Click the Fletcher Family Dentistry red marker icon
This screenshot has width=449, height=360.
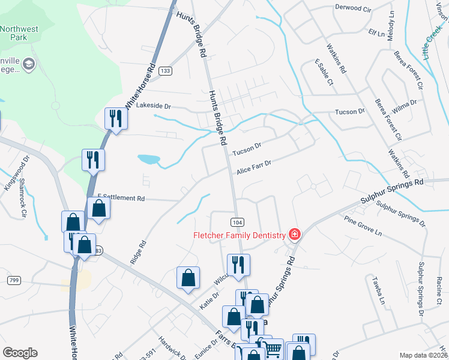pyautogui.click(x=294, y=235)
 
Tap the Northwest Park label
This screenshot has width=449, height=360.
pyautogui.click(x=22, y=32)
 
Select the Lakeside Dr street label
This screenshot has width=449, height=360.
pyautogui.click(x=154, y=106)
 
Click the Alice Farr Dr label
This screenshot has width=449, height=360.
pyautogui.click(x=254, y=167)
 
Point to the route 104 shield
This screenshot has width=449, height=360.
pyautogui.click(x=237, y=222)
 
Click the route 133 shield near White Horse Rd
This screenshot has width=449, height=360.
pyautogui.click(x=166, y=71)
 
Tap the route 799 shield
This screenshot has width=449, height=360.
pyautogui.click(x=13, y=280)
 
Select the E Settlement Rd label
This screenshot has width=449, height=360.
pyautogui.click(x=121, y=198)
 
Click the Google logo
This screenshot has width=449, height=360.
pyautogui.click(x=20, y=353)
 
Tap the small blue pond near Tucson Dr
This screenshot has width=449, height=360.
pyautogui.click(x=148, y=160)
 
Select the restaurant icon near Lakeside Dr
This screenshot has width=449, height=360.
pyautogui.click(x=114, y=118)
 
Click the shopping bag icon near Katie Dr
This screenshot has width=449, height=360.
pyautogui.click(x=188, y=278)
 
